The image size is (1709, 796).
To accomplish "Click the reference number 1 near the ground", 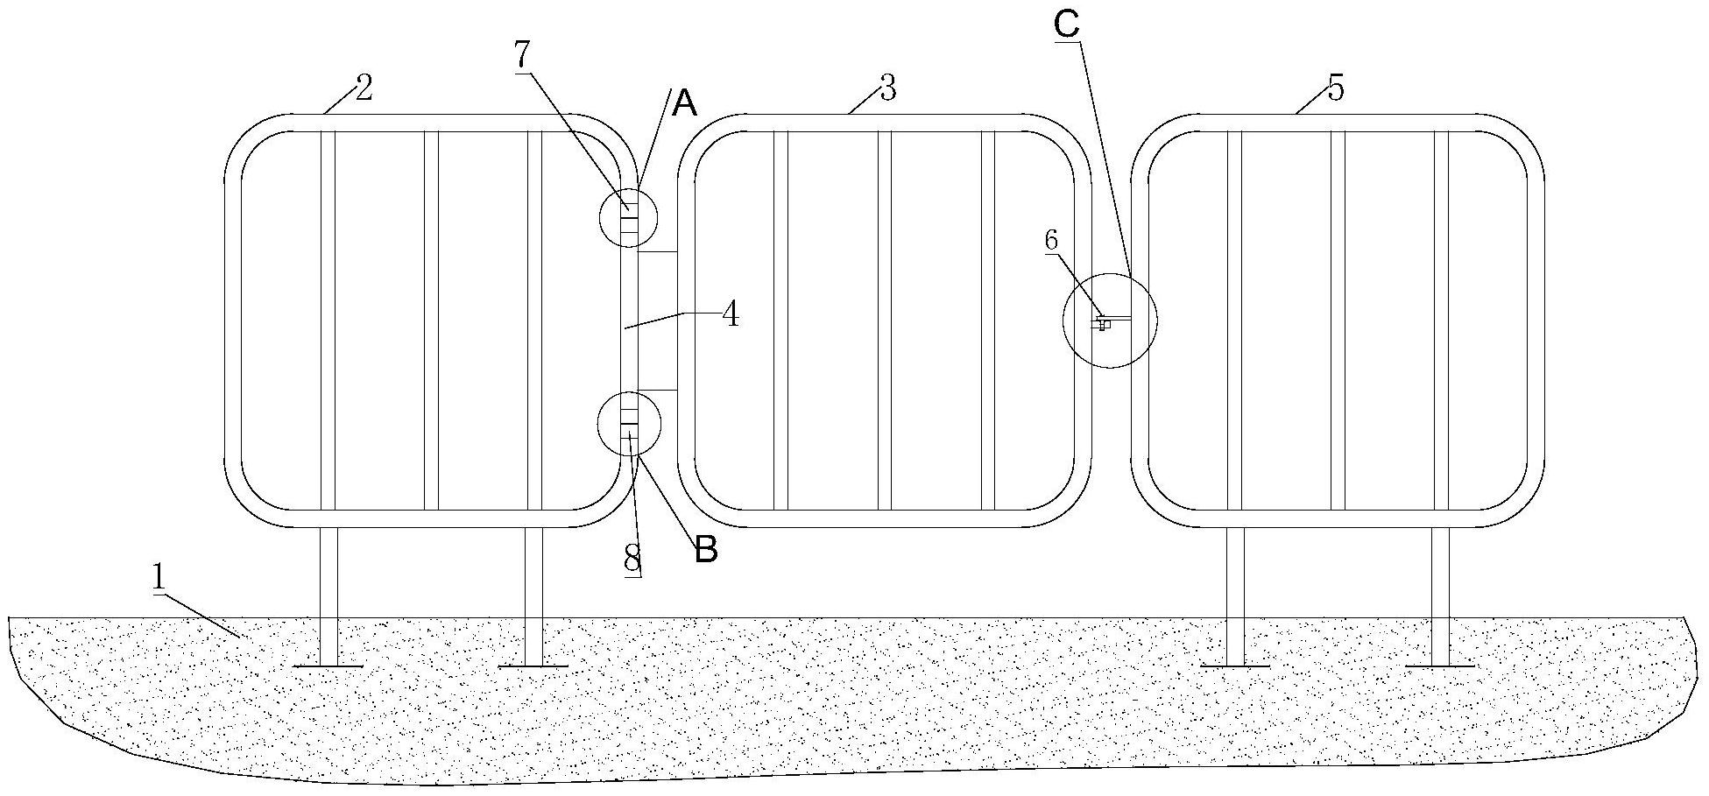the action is click(159, 578).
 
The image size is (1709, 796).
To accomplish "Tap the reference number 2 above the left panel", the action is click(364, 88).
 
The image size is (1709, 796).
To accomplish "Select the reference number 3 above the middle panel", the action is click(887, 88).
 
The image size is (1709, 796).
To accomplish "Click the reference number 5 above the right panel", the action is click(1335, 88).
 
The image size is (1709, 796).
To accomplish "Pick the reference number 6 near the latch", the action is click(1051, 240).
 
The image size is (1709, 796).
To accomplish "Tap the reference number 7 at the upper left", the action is click(522, 55).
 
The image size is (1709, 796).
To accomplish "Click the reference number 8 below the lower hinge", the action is click(632, 558).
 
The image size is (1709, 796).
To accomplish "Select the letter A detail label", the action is click(684, 105).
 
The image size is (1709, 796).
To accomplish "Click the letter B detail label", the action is click(706, 551).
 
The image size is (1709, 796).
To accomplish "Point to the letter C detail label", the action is click(1066, 25).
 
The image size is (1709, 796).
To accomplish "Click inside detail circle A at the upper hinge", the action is click(628, 216).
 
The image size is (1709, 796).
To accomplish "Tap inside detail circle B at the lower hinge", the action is click(628, 425).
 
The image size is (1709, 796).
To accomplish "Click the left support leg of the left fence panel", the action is click(328, 595).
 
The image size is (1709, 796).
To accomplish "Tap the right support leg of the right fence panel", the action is click(1440, 595).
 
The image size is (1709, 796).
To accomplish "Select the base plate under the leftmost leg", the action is click(328, 666).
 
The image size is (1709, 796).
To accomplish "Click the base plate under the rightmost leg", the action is click(1440, 666).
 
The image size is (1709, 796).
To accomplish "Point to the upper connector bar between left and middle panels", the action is click(658, 252).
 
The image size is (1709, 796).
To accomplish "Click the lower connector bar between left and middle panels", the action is click(658, 390).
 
